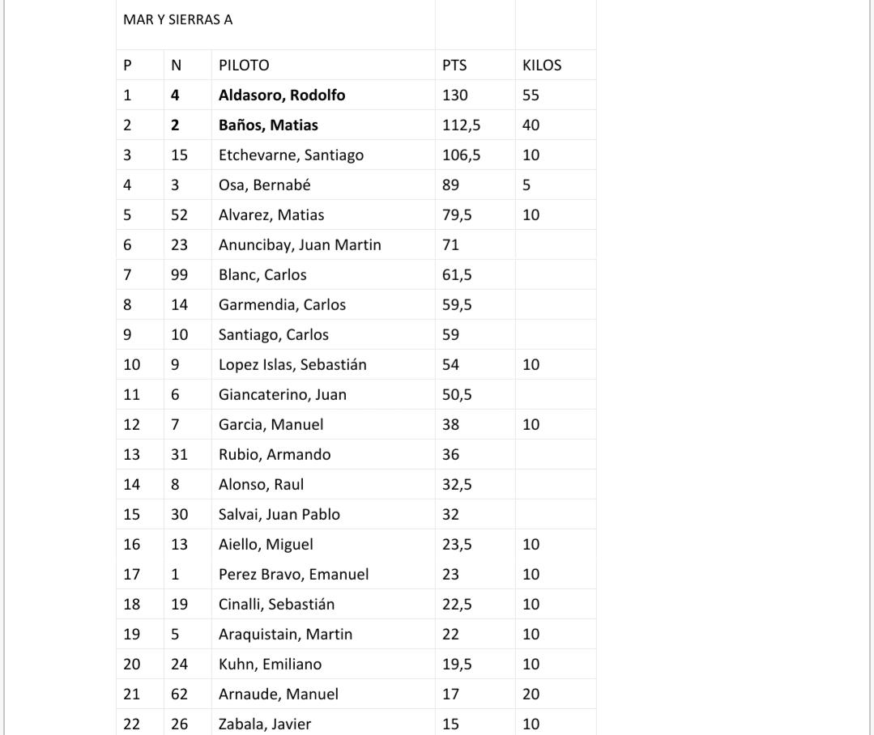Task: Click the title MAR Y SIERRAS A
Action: [177, 19]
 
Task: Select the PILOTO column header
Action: [244, 66]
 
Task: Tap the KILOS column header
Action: [542, 66]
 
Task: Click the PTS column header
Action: [454, 66]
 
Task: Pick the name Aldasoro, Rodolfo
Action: [282, 96]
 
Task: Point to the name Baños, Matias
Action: [268, 125]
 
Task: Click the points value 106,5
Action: [461, 155]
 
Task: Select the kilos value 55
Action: [531, 96]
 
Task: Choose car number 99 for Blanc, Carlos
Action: [179, 275]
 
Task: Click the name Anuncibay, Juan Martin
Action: [300, 245]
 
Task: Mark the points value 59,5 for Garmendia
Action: [458, 305]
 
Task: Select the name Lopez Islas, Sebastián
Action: [292, 365]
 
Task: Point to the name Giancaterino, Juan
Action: [283, 395]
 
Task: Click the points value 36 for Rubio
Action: [451, 455]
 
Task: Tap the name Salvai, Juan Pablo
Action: [279, 515]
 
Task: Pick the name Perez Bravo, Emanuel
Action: [293, 575]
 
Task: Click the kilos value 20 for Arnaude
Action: [531, 695]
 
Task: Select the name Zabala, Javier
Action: [265, 724]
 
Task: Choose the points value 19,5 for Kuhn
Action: [458, 665]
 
